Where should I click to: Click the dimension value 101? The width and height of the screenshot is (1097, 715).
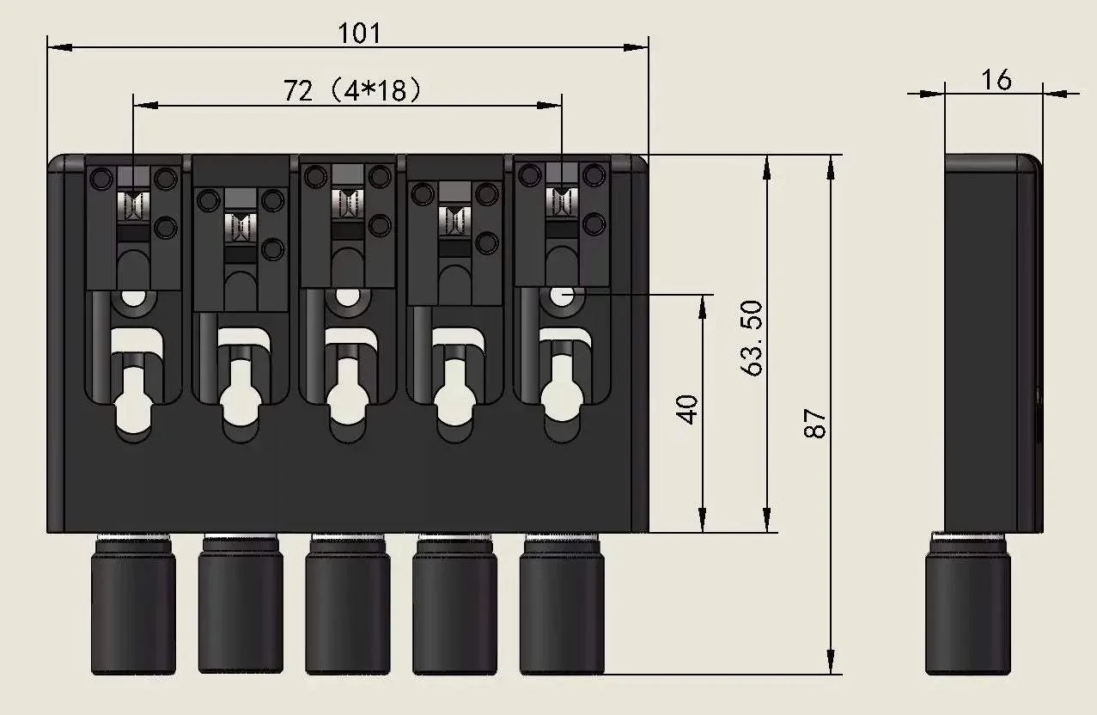359,34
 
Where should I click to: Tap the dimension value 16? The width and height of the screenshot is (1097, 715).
996,80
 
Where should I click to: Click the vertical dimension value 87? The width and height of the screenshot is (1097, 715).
815,423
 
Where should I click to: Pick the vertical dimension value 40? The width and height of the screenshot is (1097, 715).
688,409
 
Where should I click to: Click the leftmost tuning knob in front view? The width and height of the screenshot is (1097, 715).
133,606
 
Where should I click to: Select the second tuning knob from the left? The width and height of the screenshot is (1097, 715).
241,606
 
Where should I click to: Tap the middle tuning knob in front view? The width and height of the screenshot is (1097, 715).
348,606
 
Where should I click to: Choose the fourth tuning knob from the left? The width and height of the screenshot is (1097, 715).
454,606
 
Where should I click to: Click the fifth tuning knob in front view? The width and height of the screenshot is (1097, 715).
562,606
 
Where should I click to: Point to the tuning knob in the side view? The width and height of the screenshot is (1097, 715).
968,606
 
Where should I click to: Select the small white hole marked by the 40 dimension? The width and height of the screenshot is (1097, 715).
562,295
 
